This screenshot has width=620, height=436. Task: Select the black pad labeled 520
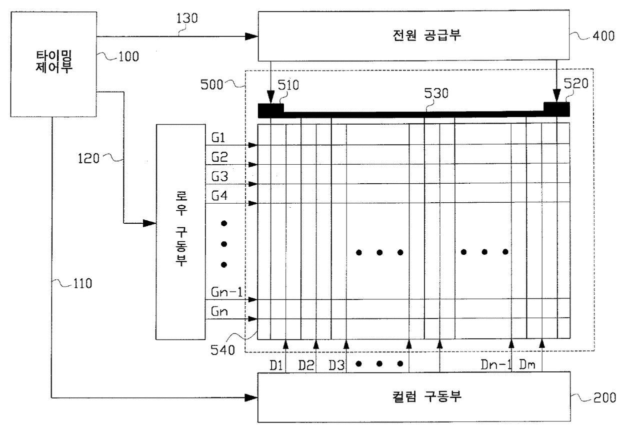click(x=556, y=108)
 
